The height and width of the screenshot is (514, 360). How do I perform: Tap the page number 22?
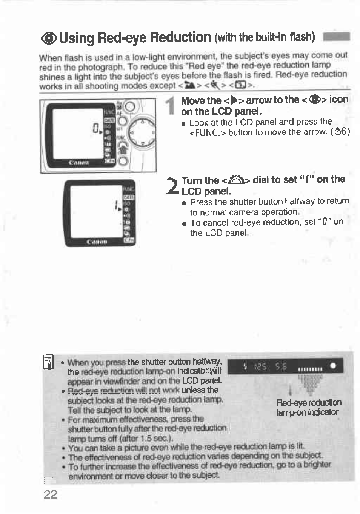coord(50,494)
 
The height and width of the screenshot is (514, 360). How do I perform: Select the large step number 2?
coord(173,186)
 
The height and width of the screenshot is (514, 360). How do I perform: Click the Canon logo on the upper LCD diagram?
coord(78,163)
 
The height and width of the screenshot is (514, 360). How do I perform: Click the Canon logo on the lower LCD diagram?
coord(97,241)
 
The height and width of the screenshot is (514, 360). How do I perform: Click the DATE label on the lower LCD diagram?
coord(129,197)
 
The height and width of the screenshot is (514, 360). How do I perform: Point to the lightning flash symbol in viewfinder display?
coord(245,366)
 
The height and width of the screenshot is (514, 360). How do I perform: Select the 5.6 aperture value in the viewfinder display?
coord(281,366)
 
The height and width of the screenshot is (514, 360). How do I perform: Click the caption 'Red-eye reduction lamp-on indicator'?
coord(308,407)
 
